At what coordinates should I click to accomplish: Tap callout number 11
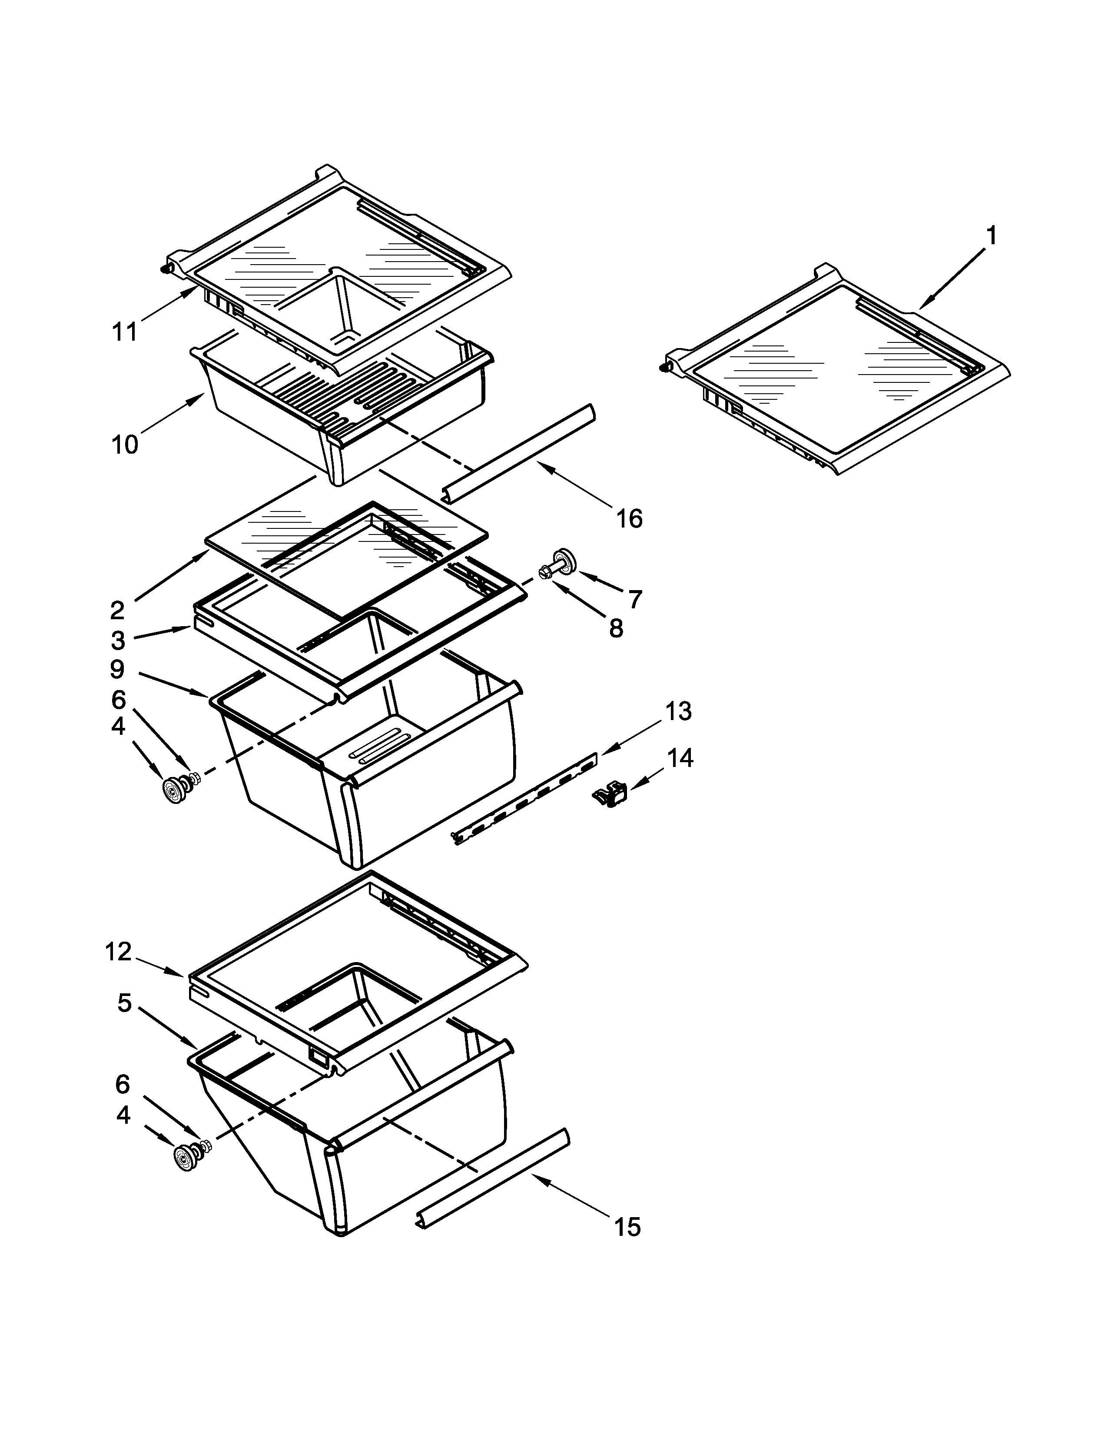coord(124,332)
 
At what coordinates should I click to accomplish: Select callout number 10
coord(125,445)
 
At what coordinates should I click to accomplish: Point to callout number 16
coord(629,519)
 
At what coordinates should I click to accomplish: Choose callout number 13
coord(679,710)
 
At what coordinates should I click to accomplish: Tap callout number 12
coord(118,951)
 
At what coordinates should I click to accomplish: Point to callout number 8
coord(616,629)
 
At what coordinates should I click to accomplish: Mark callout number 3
coord(118,640)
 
